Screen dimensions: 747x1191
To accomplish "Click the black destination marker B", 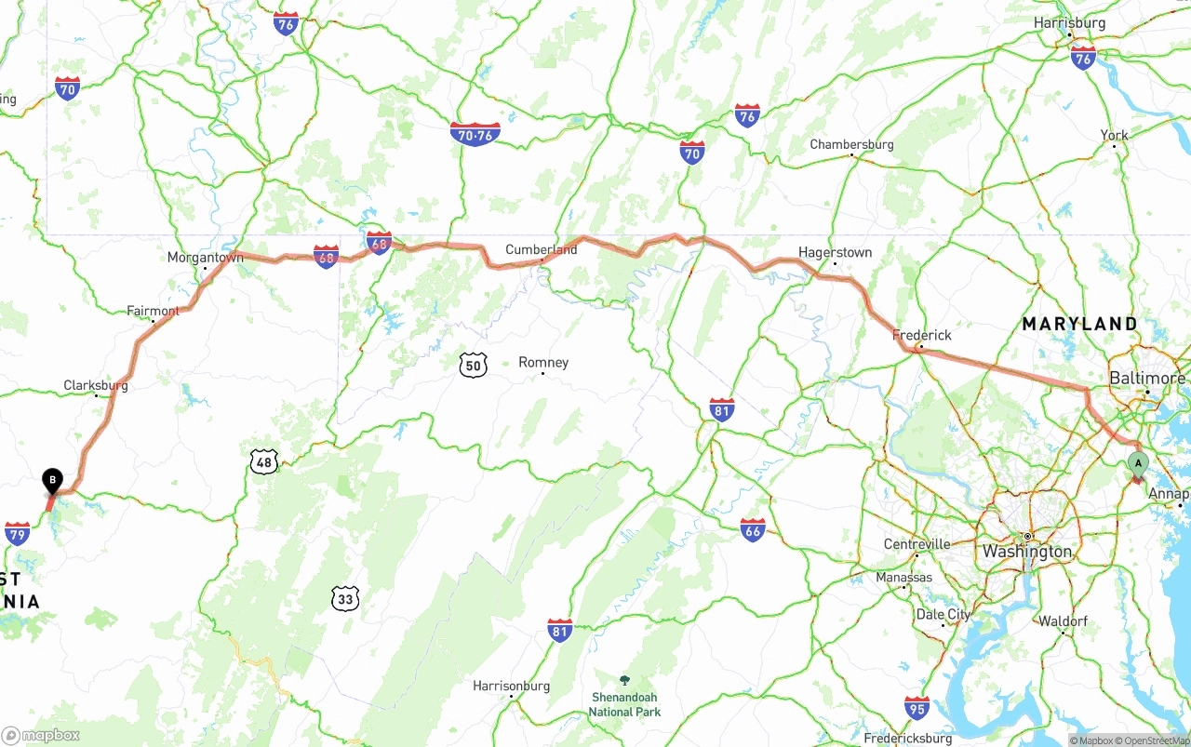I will point(53,481).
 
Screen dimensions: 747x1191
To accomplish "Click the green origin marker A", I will point(1137,463).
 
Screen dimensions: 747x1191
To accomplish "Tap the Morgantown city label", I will point(205,258).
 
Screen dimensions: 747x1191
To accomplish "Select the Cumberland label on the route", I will point(541,249).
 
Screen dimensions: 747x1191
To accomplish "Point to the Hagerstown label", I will point(835,252).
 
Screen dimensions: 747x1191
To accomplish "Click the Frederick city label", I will point(921,335).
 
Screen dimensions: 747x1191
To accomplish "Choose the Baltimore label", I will point(1146,379).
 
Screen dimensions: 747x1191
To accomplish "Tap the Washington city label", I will point(1027,551).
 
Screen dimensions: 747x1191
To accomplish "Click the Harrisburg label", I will point(1070,23).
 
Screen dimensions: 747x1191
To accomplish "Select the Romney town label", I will point(543,363).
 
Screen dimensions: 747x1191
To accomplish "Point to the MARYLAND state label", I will point(1079,324).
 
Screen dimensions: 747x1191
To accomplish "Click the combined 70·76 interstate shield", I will point(475,134).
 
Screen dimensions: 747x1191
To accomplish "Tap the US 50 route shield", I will point(473,365).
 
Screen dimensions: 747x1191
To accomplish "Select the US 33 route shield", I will point(345,598).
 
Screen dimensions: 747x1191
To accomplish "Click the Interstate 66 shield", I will point(753,530).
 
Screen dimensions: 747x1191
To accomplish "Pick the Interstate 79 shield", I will point(17,533).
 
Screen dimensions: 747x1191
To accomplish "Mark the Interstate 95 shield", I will point(917,707).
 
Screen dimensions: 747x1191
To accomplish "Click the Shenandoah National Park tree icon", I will point(623,681).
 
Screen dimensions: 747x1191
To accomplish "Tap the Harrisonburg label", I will point(511,687).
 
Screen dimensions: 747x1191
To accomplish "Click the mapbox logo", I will point(41,735).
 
